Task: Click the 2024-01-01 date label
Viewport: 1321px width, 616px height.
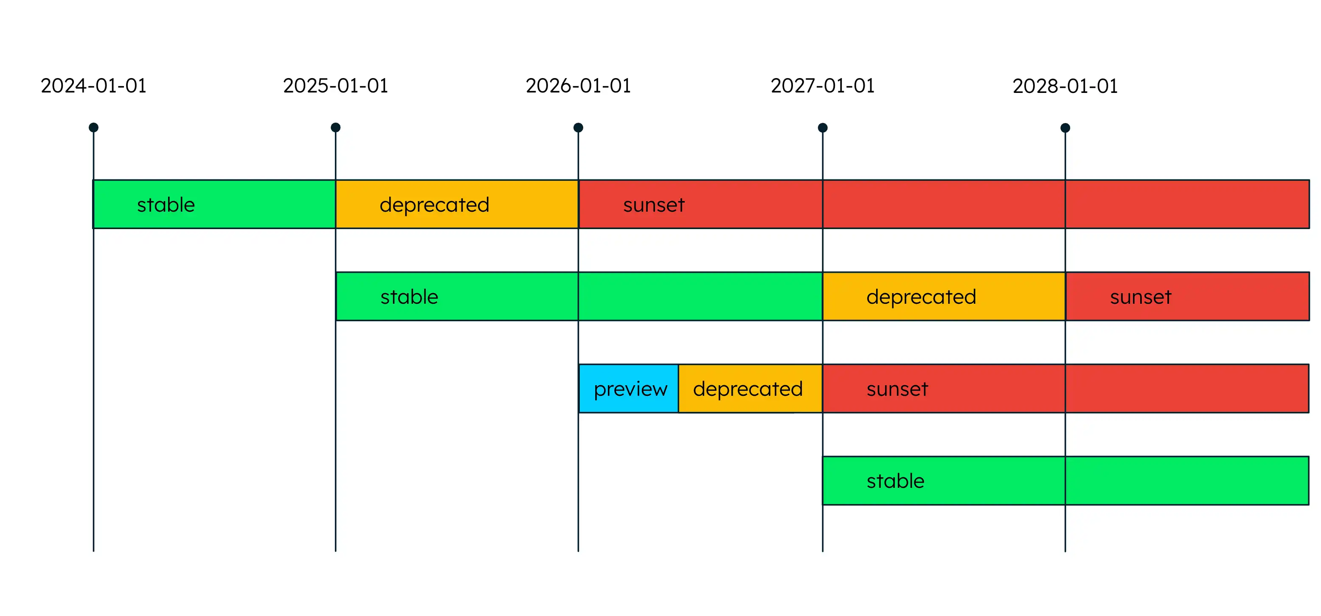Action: point(93,86)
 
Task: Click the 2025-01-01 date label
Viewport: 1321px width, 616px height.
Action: point(335,86)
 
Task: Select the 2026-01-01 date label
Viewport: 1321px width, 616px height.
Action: point(578,86)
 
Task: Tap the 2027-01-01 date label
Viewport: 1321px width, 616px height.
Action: point(823,86)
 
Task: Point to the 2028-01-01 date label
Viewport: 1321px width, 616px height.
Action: point(1065,86)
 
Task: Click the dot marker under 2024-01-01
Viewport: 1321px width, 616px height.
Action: point(93,128)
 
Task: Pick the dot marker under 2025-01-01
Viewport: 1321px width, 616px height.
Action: point(335,128)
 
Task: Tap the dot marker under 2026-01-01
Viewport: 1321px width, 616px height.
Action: point(578,128)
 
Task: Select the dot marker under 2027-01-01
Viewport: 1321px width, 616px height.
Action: point(823,128)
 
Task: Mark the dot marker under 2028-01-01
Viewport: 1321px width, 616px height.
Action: point(1065,128)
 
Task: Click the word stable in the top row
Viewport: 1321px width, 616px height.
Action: point(166,205)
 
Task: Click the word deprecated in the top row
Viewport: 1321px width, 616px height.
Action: point(434,205)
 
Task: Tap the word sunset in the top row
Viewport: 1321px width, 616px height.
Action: point(654,205)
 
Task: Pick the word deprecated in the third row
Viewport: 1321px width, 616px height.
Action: point(748,389)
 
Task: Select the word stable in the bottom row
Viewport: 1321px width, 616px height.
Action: point(895,481)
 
